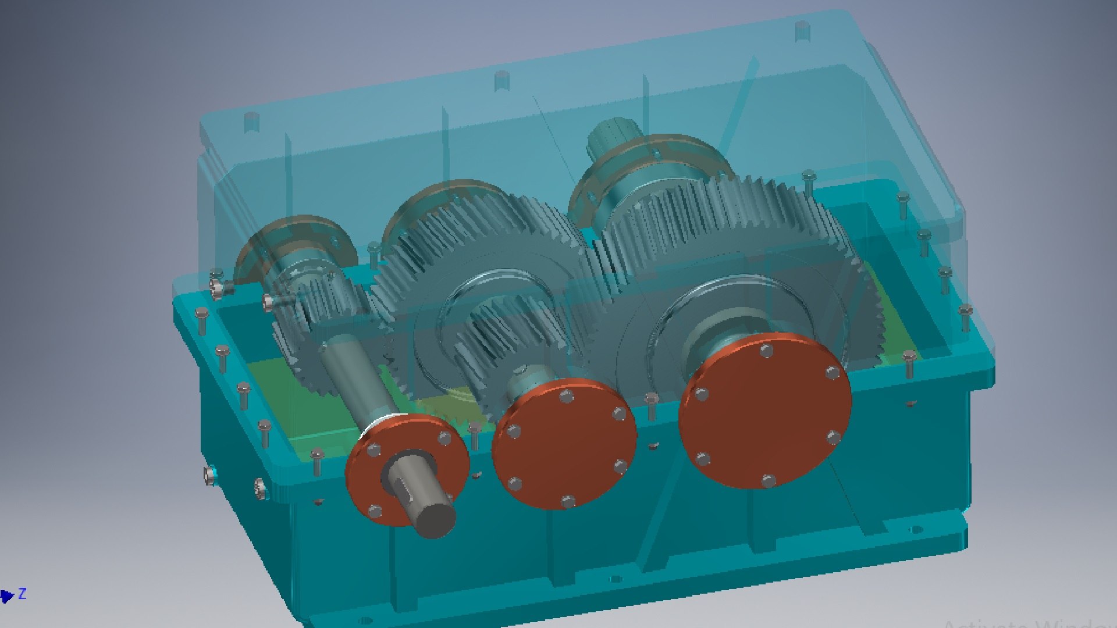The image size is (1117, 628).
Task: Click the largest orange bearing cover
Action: click(x=765, y=410)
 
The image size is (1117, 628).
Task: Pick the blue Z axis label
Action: click(x=22, y=594)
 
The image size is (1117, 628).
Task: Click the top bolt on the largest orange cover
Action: click(x=767, y=351)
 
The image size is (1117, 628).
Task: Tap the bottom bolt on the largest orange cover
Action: click(x=768, y=481)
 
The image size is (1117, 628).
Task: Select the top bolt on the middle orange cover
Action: click(x=565, y=397)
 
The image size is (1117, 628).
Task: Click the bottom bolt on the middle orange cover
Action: click(x=568, y=501)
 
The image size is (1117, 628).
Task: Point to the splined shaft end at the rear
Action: click(x=608, y=137)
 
